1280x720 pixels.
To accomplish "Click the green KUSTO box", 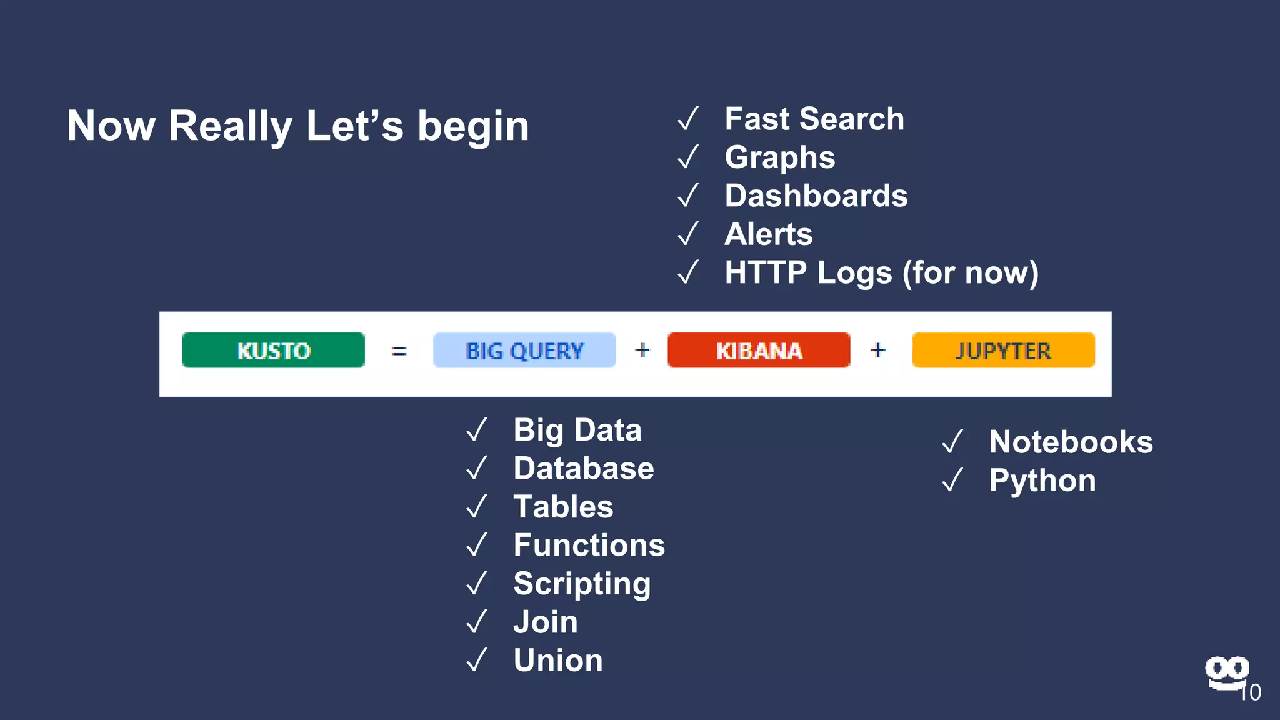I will click(273, 351).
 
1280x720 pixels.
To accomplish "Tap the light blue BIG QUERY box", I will click(524, 351).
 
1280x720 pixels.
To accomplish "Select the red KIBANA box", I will click(759, 351).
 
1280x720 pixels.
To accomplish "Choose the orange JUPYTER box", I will click(1003, 351).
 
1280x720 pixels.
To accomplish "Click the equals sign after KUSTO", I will click(399, 351).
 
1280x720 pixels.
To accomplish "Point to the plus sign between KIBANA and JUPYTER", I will click(878, 350).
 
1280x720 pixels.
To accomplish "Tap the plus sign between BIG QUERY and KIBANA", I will click(642, 350).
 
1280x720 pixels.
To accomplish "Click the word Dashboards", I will click(816, 196).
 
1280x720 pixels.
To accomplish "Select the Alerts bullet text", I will click(768, 234).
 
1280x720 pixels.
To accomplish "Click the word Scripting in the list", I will click(582, 584).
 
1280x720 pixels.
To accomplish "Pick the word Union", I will click(558, 661).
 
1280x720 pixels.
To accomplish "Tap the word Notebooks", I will click(1071, 442).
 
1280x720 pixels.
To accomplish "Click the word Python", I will click(1042, 481).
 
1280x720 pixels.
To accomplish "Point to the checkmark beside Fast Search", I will click(688, 119).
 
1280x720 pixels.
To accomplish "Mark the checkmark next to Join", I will click(477, 622).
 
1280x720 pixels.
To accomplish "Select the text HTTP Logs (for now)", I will click(881, 273).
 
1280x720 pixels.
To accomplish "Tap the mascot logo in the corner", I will click(1226, 672).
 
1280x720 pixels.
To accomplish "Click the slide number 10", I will click(1251, 692).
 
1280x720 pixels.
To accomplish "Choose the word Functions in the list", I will click(589, 545).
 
